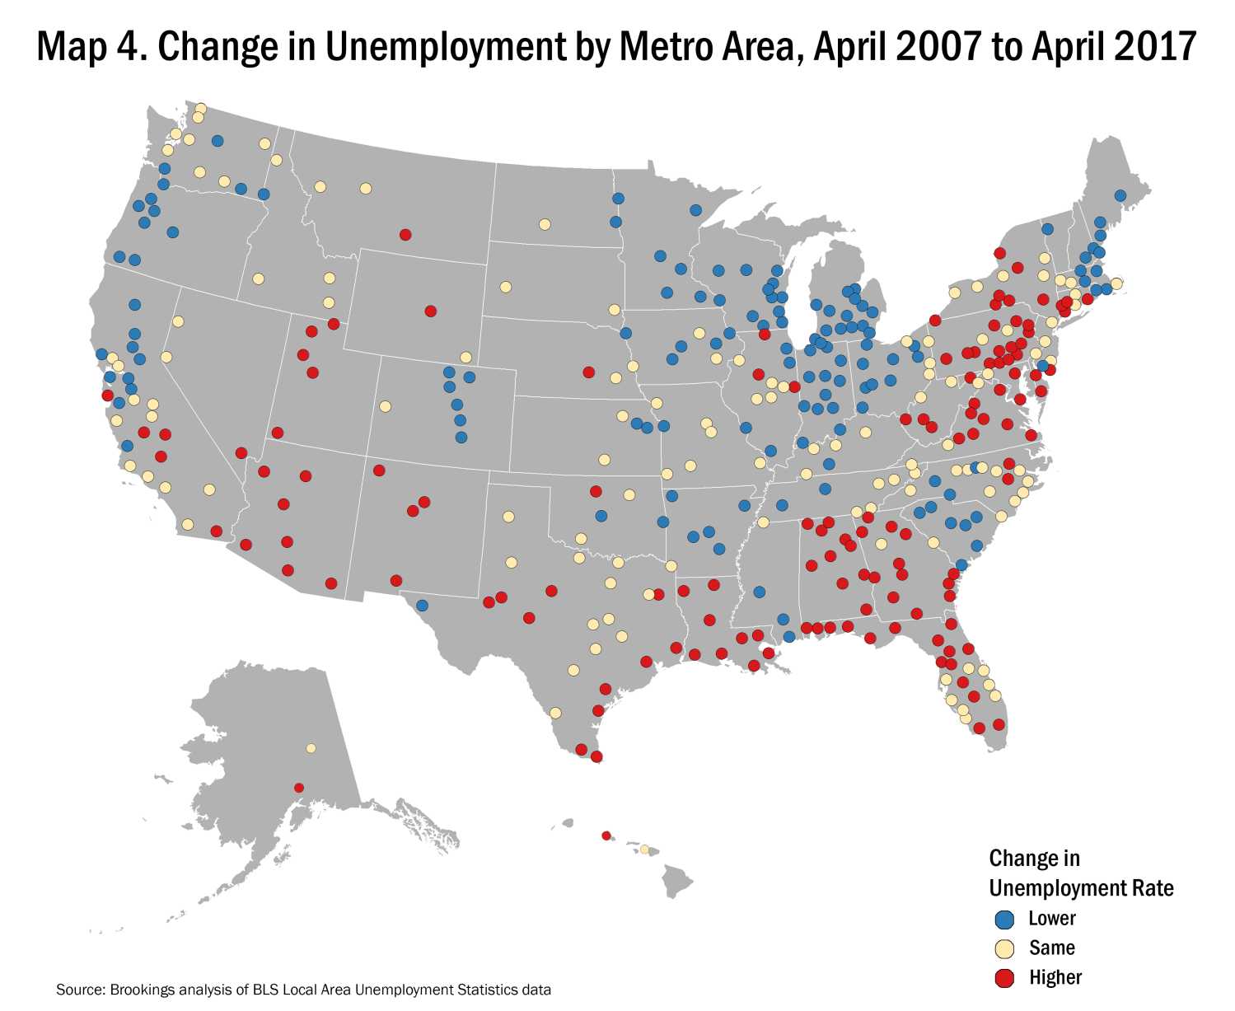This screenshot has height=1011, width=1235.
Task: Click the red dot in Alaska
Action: (x=299, y=788)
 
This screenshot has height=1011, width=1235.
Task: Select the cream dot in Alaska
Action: (x=311, y=748)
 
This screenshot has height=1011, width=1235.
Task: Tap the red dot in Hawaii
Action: (x=606, y=835)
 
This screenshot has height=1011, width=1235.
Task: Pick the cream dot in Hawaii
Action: (x=644, y=850)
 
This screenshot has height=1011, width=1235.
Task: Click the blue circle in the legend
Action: (x=1003, y=919)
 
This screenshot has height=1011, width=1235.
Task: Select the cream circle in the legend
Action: (x=1003, y=948)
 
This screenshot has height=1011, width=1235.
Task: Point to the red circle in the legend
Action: (x=1003, y=978)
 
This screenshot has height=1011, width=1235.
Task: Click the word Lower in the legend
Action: (x=1052, y=919)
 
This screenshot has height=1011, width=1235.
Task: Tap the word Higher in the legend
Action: (x=1055, y=978)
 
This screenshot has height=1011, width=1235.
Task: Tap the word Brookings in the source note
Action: (x=138, y=990)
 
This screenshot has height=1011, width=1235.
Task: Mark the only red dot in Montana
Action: (x=405, y=234)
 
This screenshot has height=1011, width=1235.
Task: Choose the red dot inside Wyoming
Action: (x=430, y=311)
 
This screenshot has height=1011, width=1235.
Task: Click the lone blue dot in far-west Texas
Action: (x=422, y=605)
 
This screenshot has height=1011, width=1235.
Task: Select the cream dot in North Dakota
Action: (x=545, y=224)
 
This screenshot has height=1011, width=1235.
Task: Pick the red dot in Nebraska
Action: (x=588, y=372)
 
